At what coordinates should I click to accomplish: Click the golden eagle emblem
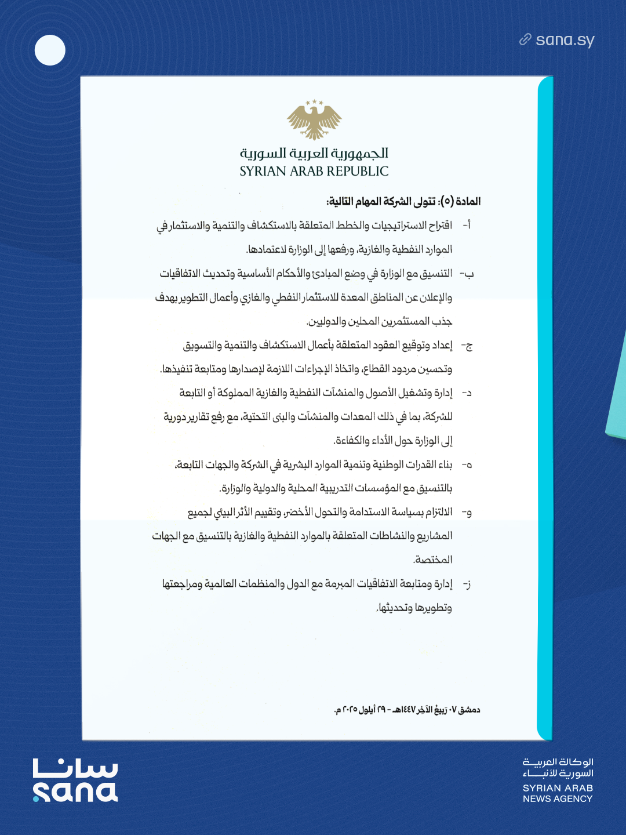(314, 120)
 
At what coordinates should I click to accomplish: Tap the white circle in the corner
(50, 50)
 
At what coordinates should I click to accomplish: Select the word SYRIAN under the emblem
(263, 172)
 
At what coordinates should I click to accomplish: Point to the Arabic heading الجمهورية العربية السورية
(314, 153)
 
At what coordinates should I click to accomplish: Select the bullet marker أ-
(466, 225)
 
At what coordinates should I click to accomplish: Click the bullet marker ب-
(467, 274)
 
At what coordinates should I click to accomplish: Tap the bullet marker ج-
(467, 346)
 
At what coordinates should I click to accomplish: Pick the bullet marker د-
(467, 393)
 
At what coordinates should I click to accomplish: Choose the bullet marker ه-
(467, 465)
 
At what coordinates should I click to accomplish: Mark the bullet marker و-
(467, 513)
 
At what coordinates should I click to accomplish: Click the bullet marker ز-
(467, 584)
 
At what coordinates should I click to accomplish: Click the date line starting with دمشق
(407, 710)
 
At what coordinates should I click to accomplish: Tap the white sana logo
(75, 780)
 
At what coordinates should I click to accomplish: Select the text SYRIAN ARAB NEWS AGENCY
(558, 793)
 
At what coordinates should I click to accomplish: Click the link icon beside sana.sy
(525, 39)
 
